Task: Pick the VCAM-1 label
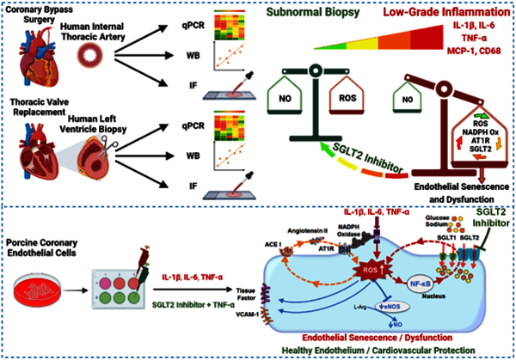(232, 315)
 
